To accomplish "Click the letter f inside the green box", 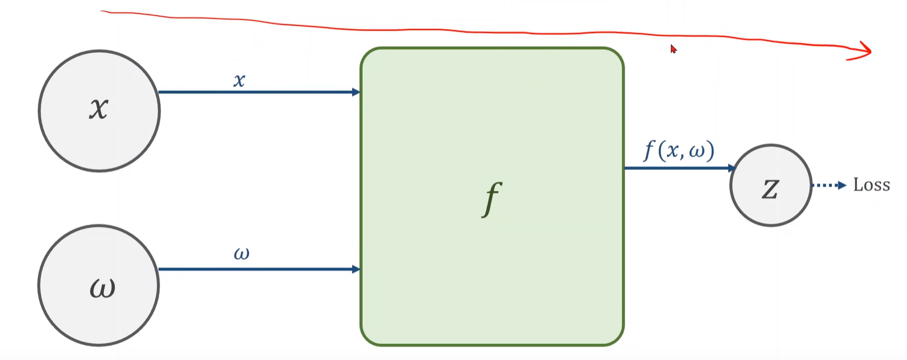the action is pyautogui.click(x=492, y=199).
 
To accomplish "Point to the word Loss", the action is pyautogui.click(x=871, y=185).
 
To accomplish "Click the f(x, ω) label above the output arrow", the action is pyautogui.click(x=679, y=150).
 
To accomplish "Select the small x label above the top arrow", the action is pyautogui.click(x=239, y=81).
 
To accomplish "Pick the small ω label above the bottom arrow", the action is pyautogui.click(x=242, y=254).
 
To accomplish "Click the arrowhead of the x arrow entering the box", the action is pyautogui.click(x=356, y=92).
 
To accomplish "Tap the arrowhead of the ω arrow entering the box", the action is pyautogui.click(x=356, y=269).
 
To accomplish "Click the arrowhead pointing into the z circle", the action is pyautogui.click(x=731, y=168).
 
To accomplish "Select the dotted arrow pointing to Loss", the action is pyautogui.click(x=829, y=186).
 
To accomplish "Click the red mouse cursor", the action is pyautogui.click(x=673, y=49).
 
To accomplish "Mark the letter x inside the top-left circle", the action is pyautogui.click(x=99, y=108).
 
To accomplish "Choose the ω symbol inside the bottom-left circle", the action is pyautogui.click(x=102, y=288).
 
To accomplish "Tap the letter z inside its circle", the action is pyautogui.click(x=770, y=189).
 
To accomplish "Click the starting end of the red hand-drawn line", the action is pyautogui.click(x=102, y=11).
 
